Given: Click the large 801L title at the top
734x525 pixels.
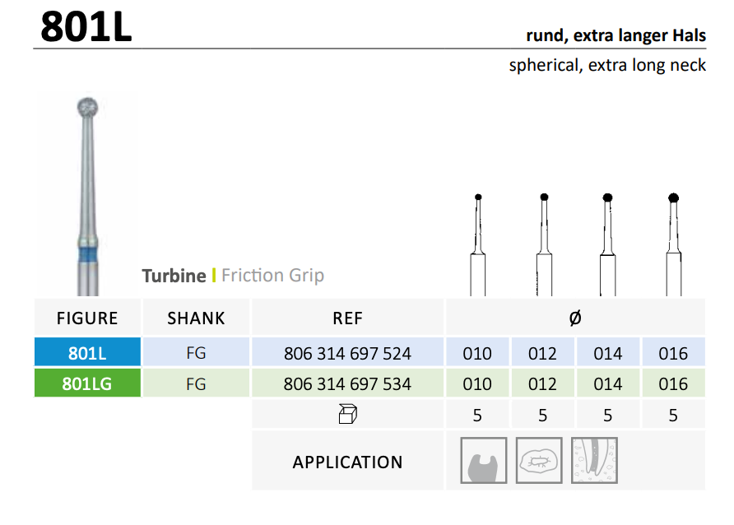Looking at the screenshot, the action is (x=86, y=26).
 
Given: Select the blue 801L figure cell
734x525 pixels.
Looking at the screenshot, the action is (x=87, y=352).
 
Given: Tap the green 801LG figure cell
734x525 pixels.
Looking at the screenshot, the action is (x=87, y=383).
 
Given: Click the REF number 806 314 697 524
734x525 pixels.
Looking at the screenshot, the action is (x=347, y=353).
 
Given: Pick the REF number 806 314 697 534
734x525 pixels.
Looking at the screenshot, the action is (x=347, y=384).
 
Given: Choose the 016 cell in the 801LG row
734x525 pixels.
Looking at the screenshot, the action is (x=673, y=384).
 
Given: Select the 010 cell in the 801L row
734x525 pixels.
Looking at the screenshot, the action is (x=477, y=353).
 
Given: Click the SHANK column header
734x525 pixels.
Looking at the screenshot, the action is (x=196, y=318).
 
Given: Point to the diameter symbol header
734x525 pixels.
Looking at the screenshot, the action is (x=575, y=318).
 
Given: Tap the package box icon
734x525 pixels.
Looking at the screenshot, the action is (x=347, y=415).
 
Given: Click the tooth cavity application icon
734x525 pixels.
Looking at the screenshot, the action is (x=484, y=461).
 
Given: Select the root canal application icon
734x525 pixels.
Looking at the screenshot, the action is (x=594, y=461).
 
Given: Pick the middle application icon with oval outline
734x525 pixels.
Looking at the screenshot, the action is (x=539, y=461).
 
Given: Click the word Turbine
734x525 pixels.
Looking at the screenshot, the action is (x=174, y=276).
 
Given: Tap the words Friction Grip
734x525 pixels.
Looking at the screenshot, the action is (x=272, y=276).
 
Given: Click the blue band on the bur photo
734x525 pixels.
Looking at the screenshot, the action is (x=87, y=255).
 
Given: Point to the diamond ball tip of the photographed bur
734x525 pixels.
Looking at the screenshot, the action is (x=87, y=108).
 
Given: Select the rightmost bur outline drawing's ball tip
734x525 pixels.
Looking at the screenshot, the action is (x=674, y=198).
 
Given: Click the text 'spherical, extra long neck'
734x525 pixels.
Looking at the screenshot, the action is (x=607, y=66).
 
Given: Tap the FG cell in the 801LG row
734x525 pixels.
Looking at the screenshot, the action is (x=196, y=384).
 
